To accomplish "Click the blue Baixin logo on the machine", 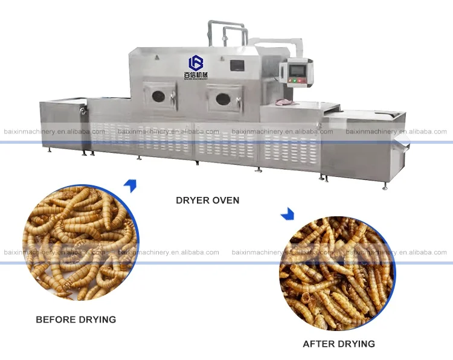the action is point(196,63).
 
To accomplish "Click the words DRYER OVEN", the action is point(207,201).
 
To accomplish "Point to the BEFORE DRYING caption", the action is point(76,319).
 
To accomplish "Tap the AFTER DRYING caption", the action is point(339,344).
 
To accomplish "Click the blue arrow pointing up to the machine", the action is point(129,185).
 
